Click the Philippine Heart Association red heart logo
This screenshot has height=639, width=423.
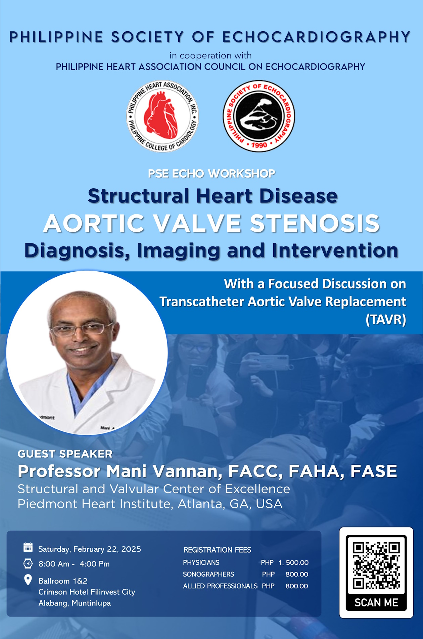(162, 116)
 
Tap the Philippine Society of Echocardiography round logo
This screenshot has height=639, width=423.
(259, 116)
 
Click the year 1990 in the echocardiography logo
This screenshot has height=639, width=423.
(259, 145)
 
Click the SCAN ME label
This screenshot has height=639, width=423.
(376, 602)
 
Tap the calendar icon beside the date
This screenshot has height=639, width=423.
(28, 547)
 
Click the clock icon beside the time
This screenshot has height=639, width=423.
(28, 563)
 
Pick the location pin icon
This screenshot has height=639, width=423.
(28, 580)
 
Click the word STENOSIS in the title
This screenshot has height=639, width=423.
(315, 223)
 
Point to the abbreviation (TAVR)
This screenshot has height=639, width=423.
(386, 319)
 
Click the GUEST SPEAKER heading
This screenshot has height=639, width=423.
(65, 454)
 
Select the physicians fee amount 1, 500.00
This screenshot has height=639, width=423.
(293, 562)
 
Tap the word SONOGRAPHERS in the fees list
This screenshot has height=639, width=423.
(208, 574)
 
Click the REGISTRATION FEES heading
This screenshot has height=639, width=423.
(217, 550)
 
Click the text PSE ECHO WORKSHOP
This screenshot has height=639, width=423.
(211, 174)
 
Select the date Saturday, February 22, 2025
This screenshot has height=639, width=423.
(90, 549)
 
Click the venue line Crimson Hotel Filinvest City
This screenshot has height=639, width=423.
(87, 592)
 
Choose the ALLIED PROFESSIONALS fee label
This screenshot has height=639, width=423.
(220, 586)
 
